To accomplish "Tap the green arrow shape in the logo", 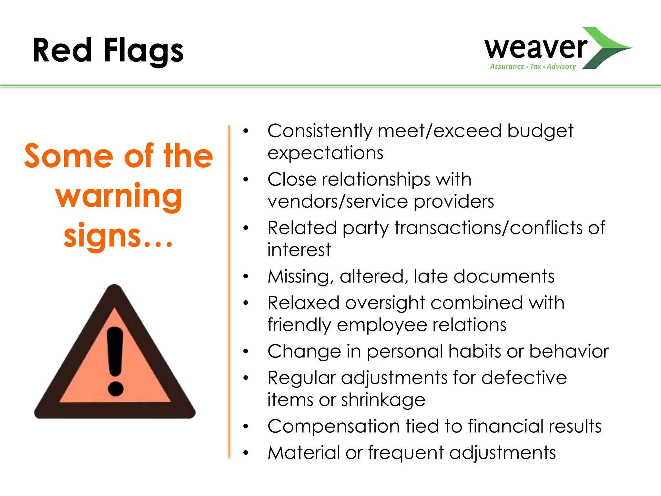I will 607,48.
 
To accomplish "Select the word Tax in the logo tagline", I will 535,67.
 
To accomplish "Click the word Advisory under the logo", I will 561,67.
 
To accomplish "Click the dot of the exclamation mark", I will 116,388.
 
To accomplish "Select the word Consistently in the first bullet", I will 320,131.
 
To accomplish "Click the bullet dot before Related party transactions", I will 246,228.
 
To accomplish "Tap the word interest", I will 299,250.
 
